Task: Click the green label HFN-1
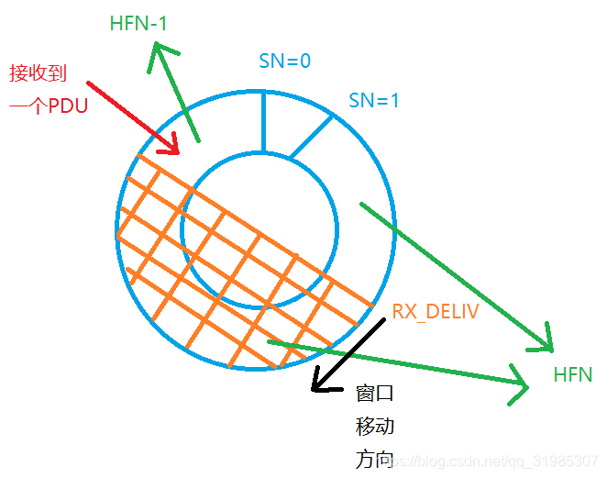coord(138,24)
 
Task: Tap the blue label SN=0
coord(285,61)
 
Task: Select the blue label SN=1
coord(374,100)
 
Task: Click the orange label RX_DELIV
coord(436,312)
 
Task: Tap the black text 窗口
coord(374,394)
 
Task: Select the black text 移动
coord(374,427)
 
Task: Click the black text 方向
coord(374,459)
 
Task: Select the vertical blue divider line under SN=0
coord(263,120)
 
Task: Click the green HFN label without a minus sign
coord(573,374)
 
